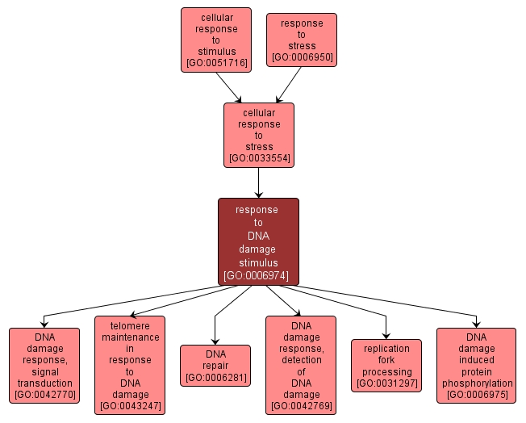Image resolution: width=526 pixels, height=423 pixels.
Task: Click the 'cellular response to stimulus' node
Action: coord(215,40)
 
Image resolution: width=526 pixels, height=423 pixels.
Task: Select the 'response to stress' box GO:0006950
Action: coord(302,40)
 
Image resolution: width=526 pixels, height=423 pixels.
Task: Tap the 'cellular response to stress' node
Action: coord(258,135)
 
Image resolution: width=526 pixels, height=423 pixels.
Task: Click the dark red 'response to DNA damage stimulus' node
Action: coord(258,241)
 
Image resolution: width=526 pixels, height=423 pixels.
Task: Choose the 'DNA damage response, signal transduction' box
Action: coord(44,365)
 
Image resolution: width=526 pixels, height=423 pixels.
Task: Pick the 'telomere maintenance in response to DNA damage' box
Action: coord(130,365)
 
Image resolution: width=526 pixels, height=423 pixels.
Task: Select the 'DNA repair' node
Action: coord(215,365)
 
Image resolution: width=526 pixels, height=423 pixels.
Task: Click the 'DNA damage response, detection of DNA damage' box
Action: coord(300,365)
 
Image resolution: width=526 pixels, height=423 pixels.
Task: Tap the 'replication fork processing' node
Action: coord(386,365)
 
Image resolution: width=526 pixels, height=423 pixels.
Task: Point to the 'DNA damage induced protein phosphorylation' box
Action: coord(476,365)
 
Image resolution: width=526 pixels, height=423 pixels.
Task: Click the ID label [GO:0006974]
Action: coord(258,275)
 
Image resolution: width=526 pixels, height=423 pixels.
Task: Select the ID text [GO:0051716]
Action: coord(215,62)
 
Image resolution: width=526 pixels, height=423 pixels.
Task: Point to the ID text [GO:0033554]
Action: coord(258,158)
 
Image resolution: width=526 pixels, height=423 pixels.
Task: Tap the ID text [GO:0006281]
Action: coord(215,377)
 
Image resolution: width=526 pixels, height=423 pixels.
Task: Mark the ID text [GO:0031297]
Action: coord(386,383)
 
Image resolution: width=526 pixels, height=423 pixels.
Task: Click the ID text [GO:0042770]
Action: coord(44,395)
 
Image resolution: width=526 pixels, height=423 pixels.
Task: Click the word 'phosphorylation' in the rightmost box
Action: coord(477,383)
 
